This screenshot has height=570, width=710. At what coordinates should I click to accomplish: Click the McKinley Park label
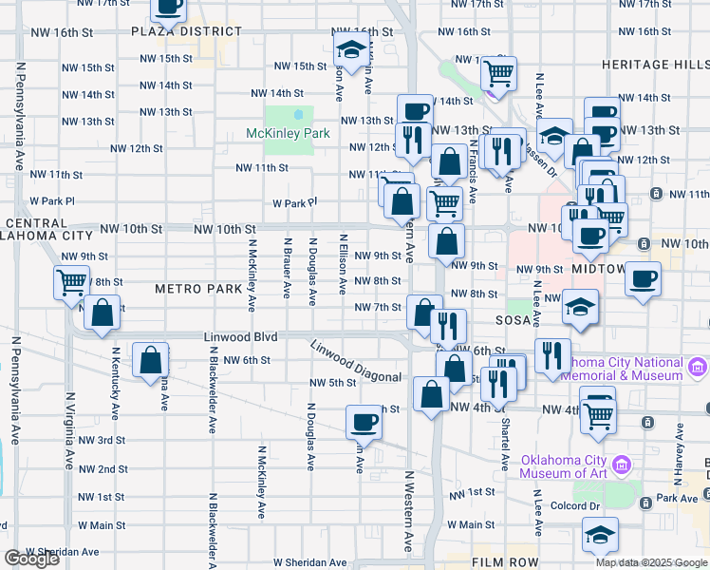[288, 133]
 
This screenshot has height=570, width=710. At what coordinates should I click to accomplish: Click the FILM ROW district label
[504, 562]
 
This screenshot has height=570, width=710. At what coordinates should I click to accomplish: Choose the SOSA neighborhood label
[513, 322]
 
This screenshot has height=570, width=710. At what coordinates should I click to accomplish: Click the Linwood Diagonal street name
[356, 365]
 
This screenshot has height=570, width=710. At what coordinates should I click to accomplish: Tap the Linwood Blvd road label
[240, 337]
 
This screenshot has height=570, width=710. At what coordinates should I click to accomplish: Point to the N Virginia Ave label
[69, 432]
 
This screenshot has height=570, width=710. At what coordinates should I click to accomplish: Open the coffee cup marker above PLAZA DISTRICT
[169, 6]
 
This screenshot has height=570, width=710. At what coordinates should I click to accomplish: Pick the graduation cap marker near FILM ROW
[600, 536]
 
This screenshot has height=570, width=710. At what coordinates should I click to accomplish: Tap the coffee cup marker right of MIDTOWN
[644, 278]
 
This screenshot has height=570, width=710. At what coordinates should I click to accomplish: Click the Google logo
[31, 559]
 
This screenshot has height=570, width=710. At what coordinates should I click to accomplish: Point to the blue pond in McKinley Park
[298, 116]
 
